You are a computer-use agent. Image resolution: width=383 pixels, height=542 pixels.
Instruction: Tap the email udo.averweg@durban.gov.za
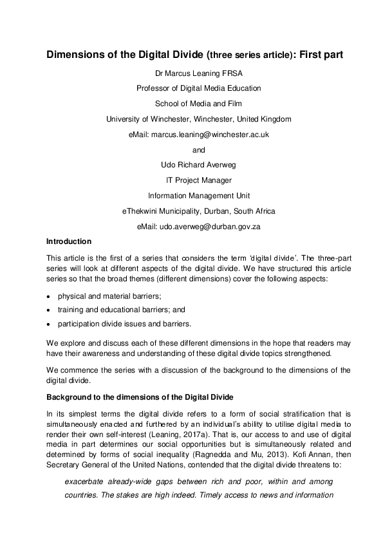217,226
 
